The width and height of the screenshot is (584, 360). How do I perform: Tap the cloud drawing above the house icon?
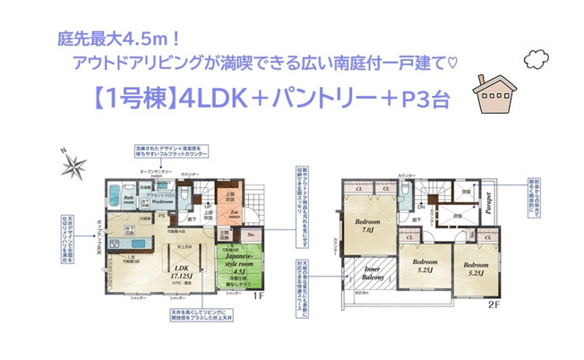(538, 60)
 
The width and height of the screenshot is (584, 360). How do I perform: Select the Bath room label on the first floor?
(129, 202)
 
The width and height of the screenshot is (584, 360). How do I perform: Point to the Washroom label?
(162, 203)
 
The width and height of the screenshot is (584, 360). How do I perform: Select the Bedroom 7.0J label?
(368, 226)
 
